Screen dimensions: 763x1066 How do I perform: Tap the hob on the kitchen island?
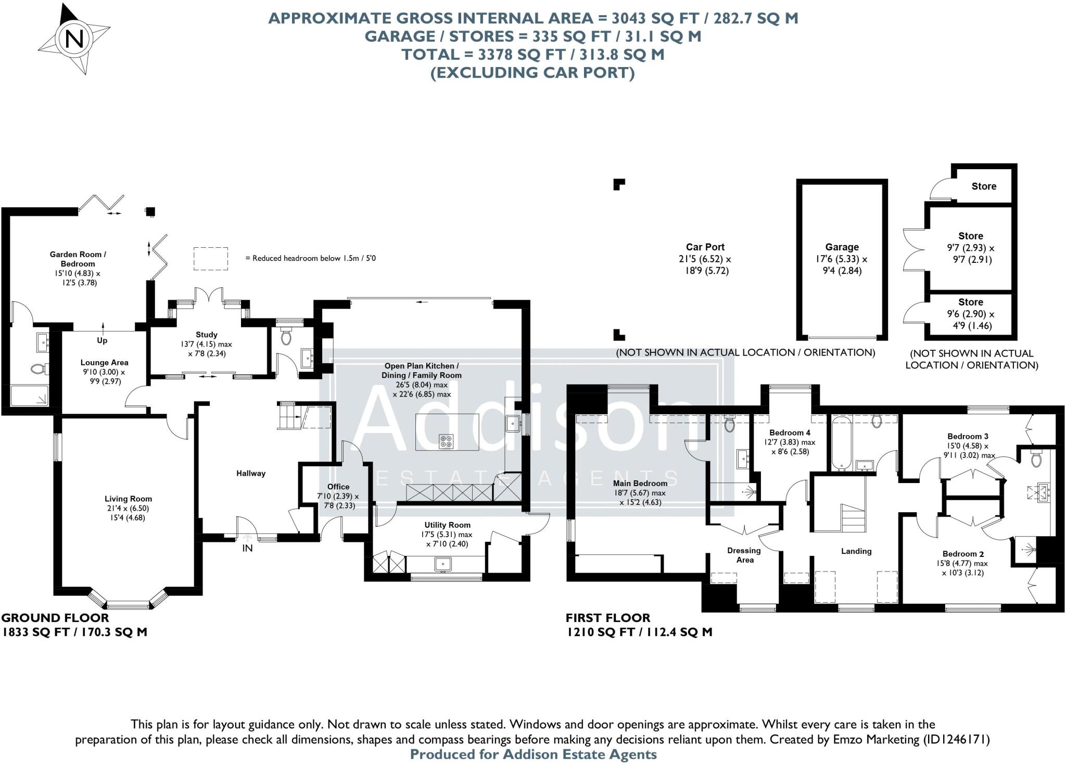point(446,441)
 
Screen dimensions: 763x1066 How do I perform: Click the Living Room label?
point(128,499)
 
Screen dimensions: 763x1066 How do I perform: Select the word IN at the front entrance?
point(247,548)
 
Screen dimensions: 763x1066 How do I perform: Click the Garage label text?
point(842,247)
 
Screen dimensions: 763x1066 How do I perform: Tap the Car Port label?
point(705,247)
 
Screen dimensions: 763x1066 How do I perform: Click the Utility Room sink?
point(443,563)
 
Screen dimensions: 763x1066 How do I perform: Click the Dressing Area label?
point(744,555)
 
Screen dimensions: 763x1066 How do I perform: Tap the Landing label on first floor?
point(856,551)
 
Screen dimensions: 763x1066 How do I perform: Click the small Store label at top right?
point(983,186)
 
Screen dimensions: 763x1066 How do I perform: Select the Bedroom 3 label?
point(967,436)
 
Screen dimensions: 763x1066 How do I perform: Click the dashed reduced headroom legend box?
point(211,258)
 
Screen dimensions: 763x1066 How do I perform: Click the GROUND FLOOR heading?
point(55,618)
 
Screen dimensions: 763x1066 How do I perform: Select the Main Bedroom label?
point(640,483)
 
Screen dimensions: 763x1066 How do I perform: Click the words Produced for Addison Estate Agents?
point(533,754)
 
